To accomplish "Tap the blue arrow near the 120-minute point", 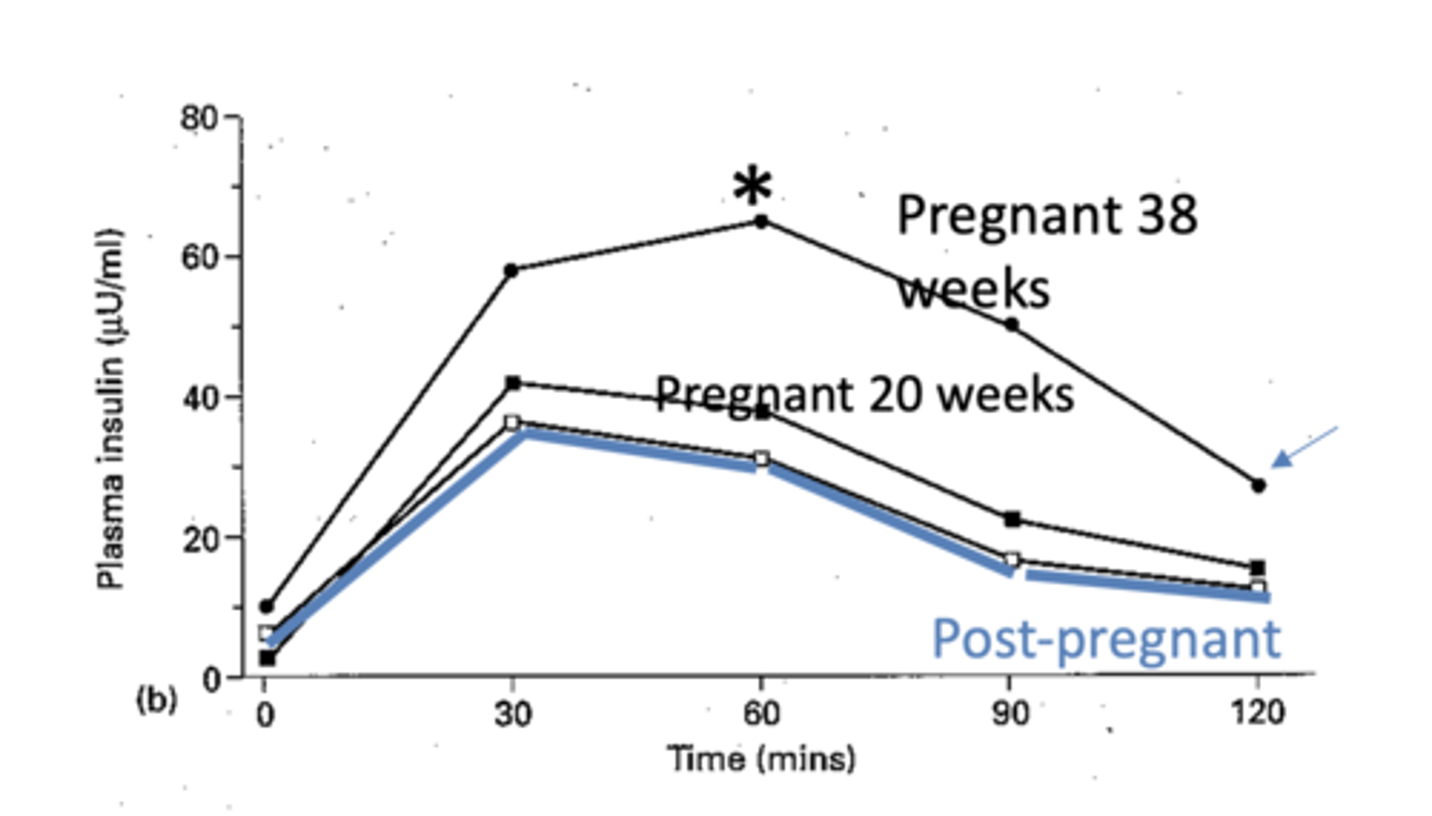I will tap(1307, 447).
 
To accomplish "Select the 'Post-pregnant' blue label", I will tap(1106, 640).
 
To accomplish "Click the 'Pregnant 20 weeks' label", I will tap(864, 395).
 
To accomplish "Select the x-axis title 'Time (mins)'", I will tap(762, 760).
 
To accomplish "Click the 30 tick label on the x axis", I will tap(512, 714).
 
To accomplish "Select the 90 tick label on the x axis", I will tap(1010, 714).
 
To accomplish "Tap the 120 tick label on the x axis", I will tap(1258, 714).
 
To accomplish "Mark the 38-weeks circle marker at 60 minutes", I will tap(762, 221).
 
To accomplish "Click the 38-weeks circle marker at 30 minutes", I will tap(511, 270).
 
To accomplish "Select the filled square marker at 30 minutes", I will tap(513, 383).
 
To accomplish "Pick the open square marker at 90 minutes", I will tap(1011, 560).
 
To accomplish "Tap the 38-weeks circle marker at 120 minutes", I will tap(1259, 486).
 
